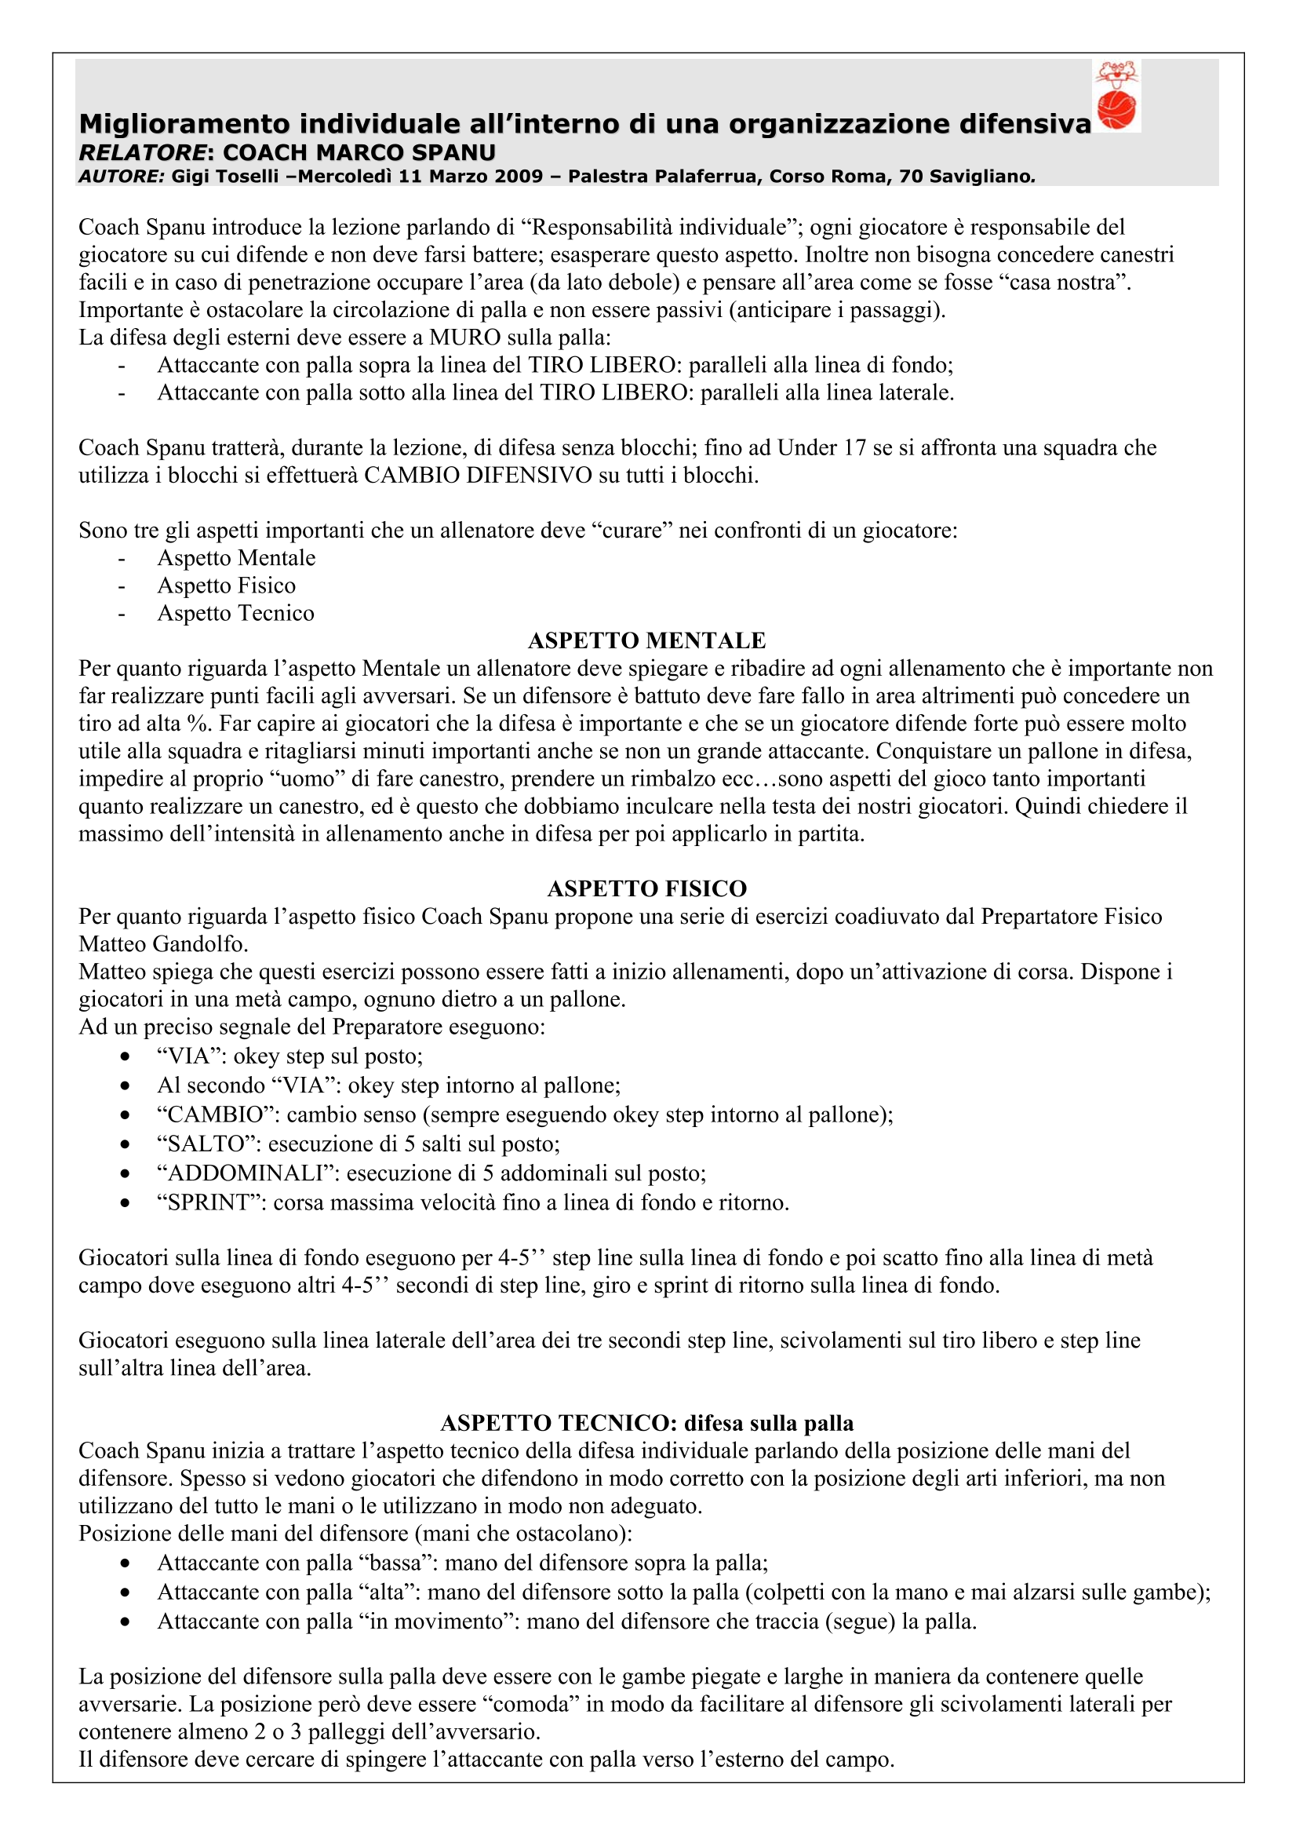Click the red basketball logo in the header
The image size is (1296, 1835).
pos(1116,96)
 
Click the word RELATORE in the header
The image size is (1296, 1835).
pos(142,152)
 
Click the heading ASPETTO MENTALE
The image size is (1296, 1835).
pos(646,641)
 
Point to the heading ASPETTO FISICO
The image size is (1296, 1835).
pos(646,888)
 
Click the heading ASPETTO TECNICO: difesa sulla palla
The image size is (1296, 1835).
pos(646,1424)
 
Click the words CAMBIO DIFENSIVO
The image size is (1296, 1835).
pos(477,476)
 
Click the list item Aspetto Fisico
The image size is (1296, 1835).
pos(226,586)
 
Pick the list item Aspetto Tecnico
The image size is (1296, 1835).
pos(235,614)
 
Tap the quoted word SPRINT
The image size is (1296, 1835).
pos(209,1203)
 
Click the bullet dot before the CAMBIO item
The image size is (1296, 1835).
pos(125,1115)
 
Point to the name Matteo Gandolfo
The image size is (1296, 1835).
pos(163,945)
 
